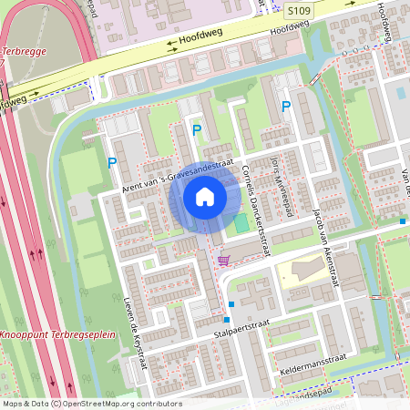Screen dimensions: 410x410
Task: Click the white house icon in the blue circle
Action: (205, 197)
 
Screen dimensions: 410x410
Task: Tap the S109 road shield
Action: (295, 10)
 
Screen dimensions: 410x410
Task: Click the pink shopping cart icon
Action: (223, 261)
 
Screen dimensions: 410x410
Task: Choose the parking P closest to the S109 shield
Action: (286, 108)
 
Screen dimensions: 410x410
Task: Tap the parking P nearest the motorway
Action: (112, 164)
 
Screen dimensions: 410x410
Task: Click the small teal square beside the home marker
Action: (241, 223)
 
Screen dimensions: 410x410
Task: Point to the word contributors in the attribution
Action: (157, 404)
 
